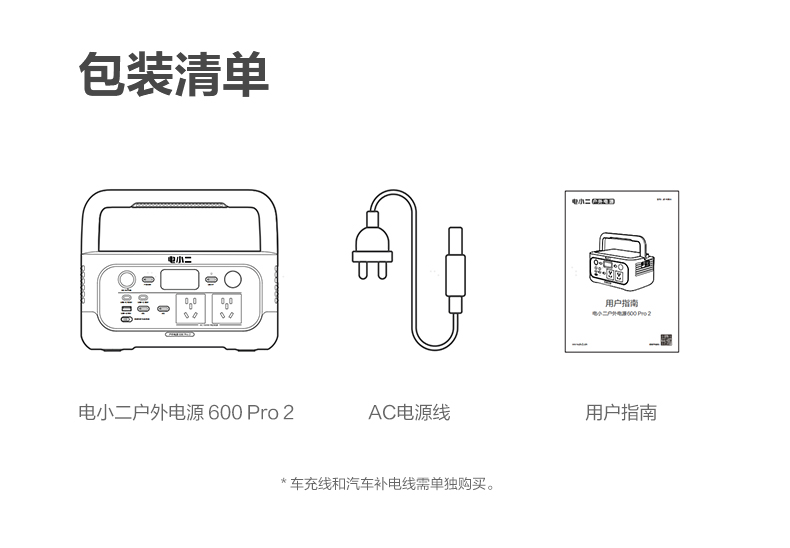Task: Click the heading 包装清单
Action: (174, 74)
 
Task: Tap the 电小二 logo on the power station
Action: (180, 257)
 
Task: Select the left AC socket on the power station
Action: (191, 307)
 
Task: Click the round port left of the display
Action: (128, 280)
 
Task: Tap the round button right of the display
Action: (234, 280)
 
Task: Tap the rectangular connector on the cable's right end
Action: (455, 270)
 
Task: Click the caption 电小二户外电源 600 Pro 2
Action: (186, 412)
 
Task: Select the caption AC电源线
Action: (408, 412)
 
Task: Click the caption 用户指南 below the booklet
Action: (620, 412)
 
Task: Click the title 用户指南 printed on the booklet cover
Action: (621, 302)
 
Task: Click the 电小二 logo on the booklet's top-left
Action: (579, 201)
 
